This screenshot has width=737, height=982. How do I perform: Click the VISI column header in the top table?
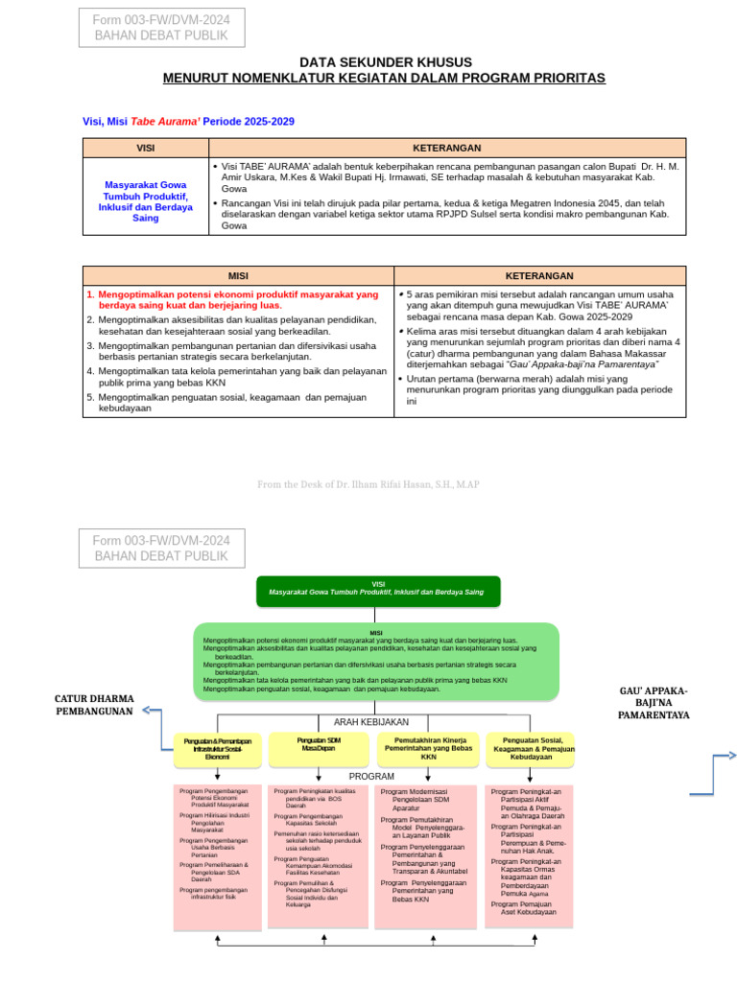pyautogui.click(x=146, y=148)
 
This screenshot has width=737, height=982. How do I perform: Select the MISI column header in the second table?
pyautogui.click(x=237, y=275)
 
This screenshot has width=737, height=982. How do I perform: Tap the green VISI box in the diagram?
pyautogui.click(x=378, y=590)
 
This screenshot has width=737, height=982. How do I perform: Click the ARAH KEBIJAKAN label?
pyautogui.click(x=370, y=721)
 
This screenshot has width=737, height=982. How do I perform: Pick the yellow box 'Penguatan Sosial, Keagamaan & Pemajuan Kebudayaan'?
pyautogui.click(x=532, y=748)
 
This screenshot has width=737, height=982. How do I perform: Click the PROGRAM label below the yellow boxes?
pyautogui.click(x=371, y=775)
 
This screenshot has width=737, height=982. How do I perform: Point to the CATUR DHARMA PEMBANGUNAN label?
pyautogui.click(x=94, y=705)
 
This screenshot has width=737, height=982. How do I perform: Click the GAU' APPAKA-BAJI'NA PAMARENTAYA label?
pyautogui.click(x=653, y=703)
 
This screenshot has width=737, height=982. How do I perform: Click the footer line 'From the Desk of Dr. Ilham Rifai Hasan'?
pyautogui.click(x=368, y=484)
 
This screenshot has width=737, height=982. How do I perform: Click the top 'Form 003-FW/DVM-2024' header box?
pyautogui.click(x=161, y=28)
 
